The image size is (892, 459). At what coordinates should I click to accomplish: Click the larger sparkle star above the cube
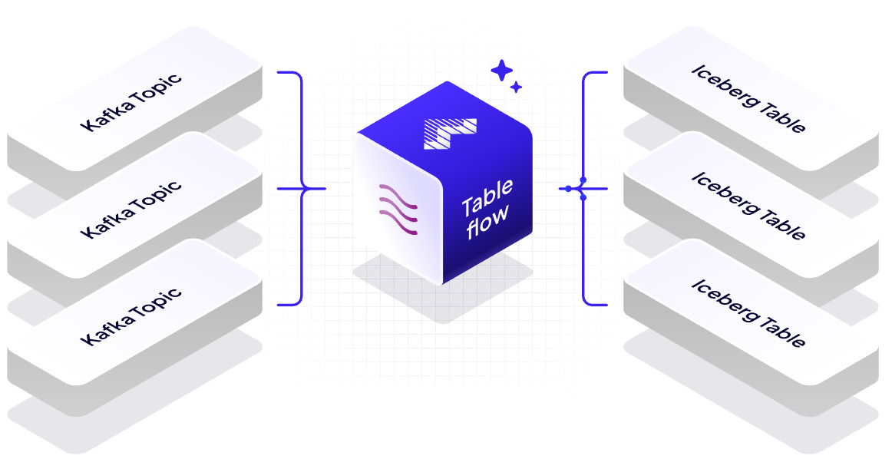(x=502, y=71)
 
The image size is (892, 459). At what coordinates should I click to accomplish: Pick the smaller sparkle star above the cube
(x=517, y=88)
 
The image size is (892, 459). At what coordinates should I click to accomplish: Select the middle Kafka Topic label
(x=131, y=209)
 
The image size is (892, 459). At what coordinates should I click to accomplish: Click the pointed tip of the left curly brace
(x=324, y=188)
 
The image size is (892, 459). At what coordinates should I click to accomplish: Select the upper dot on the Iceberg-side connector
(x=583, y=180)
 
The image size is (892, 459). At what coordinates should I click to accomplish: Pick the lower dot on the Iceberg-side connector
(x=583, y=197)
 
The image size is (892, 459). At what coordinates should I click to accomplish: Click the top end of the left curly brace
(x=279, y=74)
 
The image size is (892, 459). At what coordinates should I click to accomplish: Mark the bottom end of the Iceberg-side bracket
(x=606, y=305)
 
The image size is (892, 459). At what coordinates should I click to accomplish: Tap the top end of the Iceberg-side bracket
(x=606, y=74)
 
